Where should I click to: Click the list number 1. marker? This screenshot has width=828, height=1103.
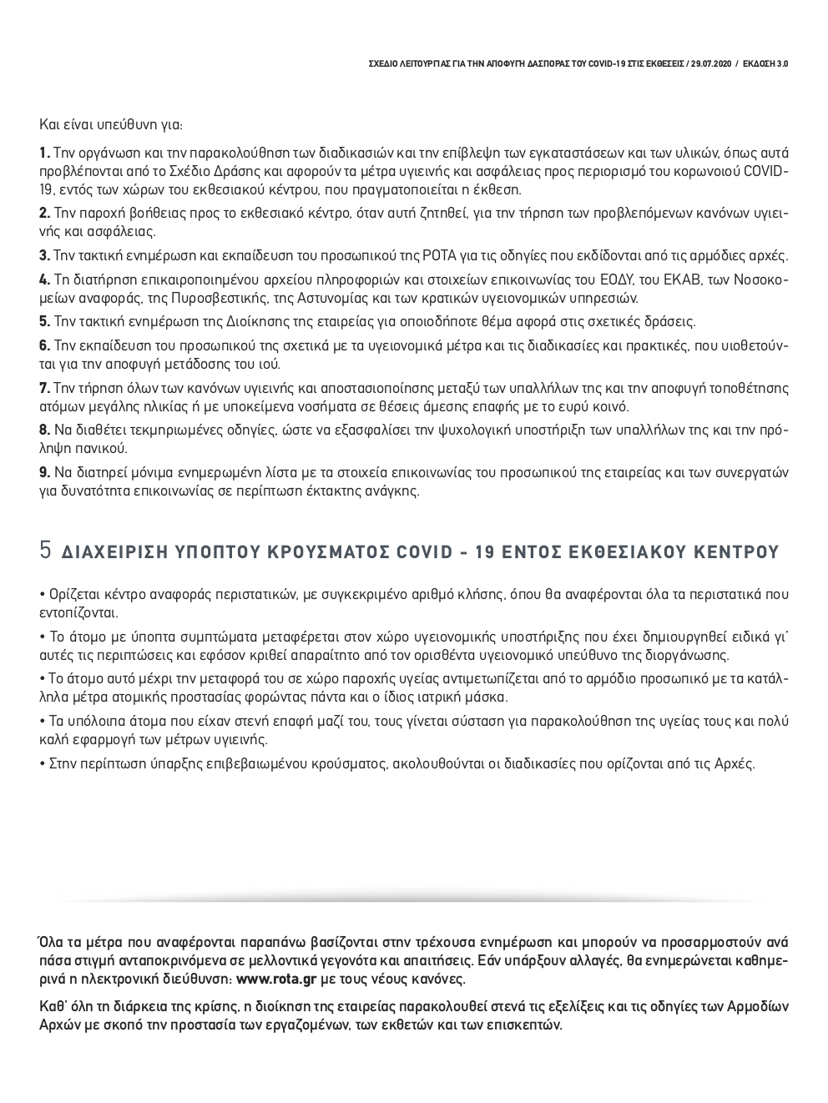pos(44,153)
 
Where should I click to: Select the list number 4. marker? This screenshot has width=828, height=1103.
pos(44,279)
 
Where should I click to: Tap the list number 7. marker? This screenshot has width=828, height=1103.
pos(44,388)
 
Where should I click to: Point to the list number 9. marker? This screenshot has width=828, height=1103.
pos(44,472)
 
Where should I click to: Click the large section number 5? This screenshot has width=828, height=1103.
pos(46,551)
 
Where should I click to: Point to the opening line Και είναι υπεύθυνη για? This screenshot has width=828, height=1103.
pos(111,125)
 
